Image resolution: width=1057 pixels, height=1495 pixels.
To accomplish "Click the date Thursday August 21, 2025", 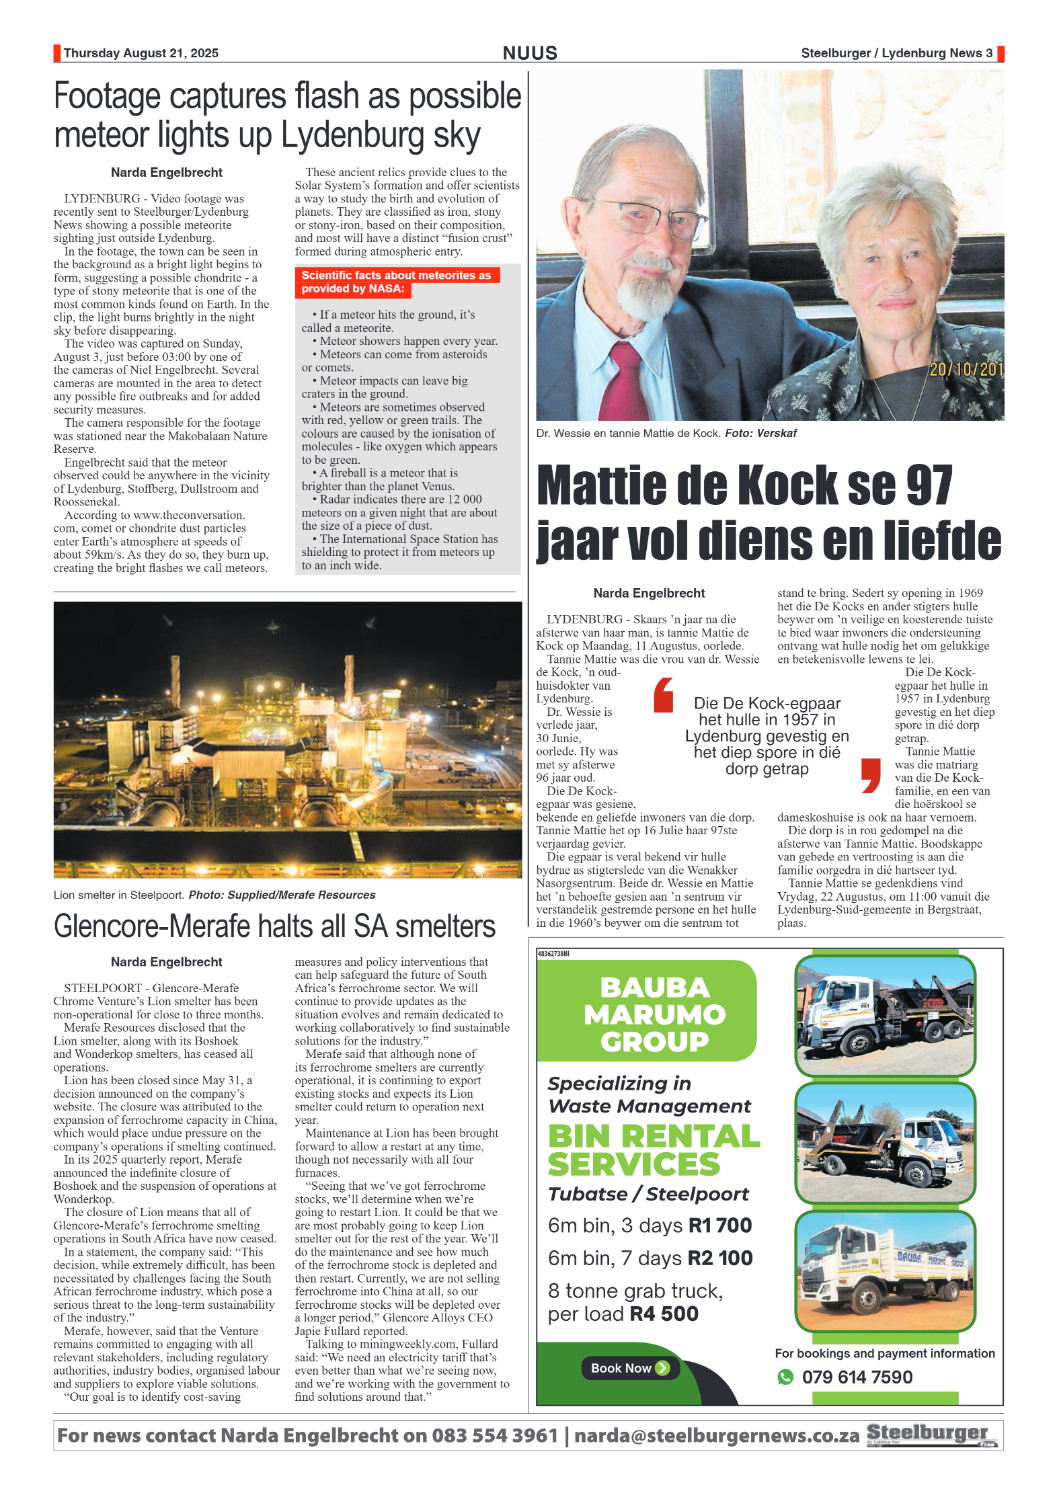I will (x=141, y=53).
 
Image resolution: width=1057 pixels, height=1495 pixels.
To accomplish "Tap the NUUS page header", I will (x=530, y=53).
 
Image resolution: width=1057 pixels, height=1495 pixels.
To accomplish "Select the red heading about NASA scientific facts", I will (x=396, y=282).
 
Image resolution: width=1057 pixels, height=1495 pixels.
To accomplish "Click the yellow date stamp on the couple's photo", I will (x=966, y=369).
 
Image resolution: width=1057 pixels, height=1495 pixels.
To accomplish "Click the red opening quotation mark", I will (x=663, y=695).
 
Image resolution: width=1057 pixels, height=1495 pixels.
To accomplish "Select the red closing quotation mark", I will (x=871, y=775).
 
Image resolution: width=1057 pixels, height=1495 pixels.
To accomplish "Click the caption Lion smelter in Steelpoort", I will (x=118, y=895).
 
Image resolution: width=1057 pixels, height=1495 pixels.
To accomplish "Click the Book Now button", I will (x=630, y=1368).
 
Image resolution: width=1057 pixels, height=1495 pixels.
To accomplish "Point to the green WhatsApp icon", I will (x=785, y=1377).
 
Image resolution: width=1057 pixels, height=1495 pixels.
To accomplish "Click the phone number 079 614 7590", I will (x=857, y=1377).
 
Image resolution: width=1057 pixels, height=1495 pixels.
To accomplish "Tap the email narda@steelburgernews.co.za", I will (x=716, y=1435).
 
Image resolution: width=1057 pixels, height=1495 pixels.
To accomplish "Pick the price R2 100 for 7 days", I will (x=719, y=1258).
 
